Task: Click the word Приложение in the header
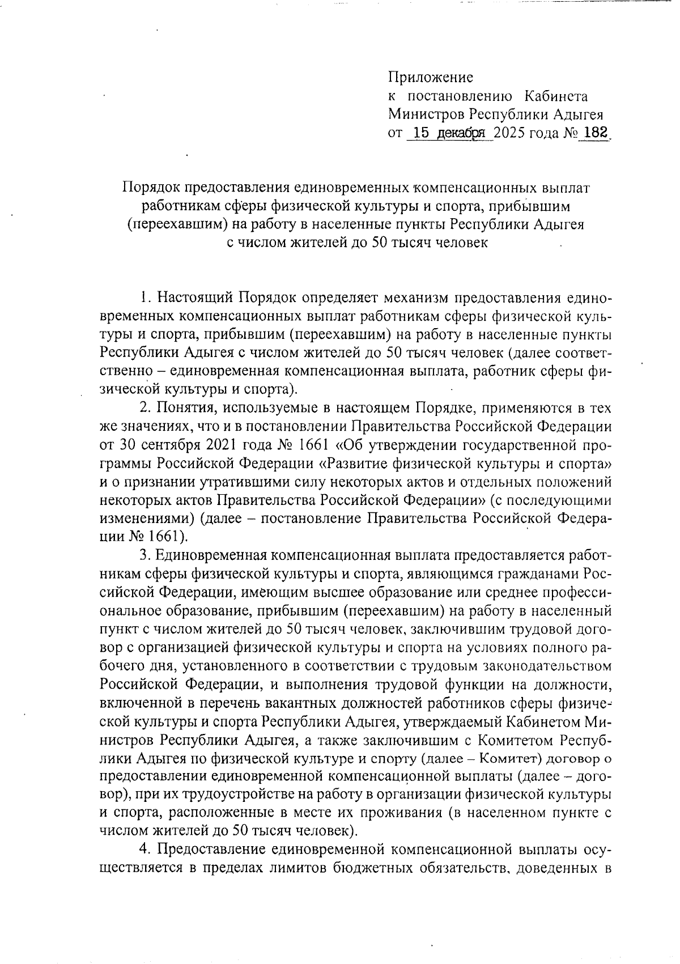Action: point(431,77)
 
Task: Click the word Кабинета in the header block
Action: point(556,96)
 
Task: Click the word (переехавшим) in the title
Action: point(173,225)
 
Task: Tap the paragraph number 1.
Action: point(144,298)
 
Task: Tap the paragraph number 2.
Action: point(144,409)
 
